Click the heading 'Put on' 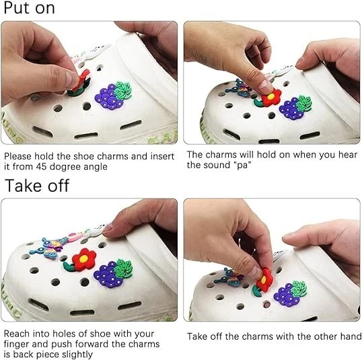pos(30,8)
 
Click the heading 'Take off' pos(37,186)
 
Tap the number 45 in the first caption pos(42,166)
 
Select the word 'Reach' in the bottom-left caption pos(17,334)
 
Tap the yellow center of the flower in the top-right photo pos(270,96)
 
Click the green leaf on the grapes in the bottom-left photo pos(124,268)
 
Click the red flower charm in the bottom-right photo pos(264,280)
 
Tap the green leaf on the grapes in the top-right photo pos(304,104)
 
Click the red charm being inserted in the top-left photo pos(81,80)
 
